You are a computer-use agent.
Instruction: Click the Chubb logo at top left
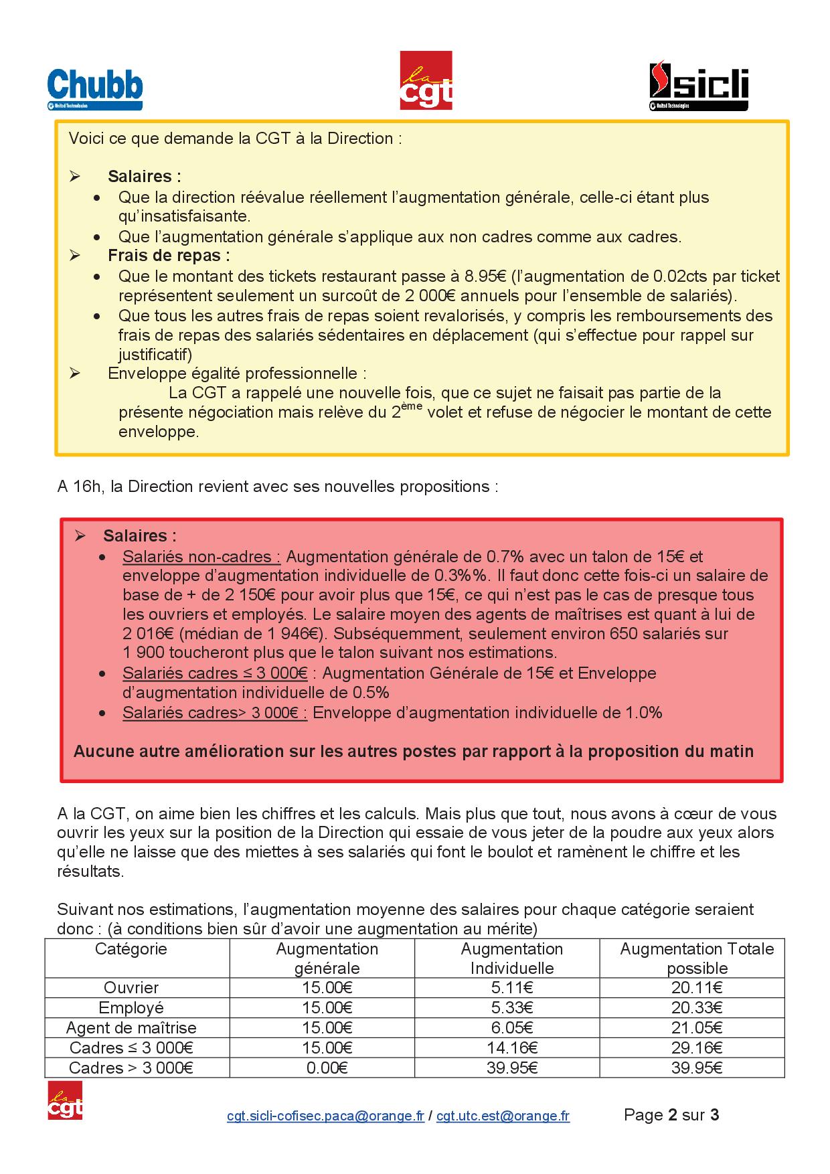pos(94,90)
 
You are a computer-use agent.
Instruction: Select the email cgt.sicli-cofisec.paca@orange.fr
pos(325,1116)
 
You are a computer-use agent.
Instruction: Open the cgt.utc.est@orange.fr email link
pos(503,1116)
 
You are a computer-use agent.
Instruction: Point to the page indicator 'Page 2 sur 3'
pos(671,1114)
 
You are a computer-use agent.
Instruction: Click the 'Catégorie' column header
pos(131,948)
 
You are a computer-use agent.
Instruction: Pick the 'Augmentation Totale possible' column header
pos(697,958)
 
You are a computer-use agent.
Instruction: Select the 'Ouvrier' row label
pos(131,987)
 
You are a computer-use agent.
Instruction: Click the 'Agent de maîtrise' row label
pos(131,1027)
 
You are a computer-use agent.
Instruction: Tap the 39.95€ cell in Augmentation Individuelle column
pos(512,1068)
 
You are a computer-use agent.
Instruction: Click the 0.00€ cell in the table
pos(327,1068)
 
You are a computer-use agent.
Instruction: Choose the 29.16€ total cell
pos(697,1047)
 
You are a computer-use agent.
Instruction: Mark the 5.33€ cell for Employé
pos(512,1007)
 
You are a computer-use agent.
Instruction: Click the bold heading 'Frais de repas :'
pos(169,255)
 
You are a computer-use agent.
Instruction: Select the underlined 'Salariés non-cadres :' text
pos(201,556)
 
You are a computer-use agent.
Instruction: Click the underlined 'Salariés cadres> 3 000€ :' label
pos(215,712)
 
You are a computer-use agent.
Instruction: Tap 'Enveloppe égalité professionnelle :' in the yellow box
pos(237,373)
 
